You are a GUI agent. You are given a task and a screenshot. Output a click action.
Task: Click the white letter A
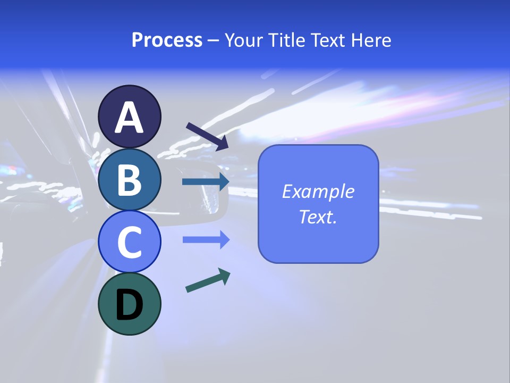(130, 118)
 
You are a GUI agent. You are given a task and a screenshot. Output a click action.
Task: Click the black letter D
(130, 305)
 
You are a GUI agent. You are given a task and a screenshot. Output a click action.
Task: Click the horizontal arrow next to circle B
(205, 182)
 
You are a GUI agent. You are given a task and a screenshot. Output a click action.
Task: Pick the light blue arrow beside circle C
(205, 240)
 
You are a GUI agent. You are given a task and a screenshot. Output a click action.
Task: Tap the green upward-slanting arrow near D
(207, 280)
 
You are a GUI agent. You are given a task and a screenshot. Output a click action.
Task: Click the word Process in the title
(167, 40)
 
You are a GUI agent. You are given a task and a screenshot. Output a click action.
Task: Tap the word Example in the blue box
(318, 191)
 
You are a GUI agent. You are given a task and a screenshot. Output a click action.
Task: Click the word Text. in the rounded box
(318, 217)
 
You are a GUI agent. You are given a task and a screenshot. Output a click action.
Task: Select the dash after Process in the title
(214, 41)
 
